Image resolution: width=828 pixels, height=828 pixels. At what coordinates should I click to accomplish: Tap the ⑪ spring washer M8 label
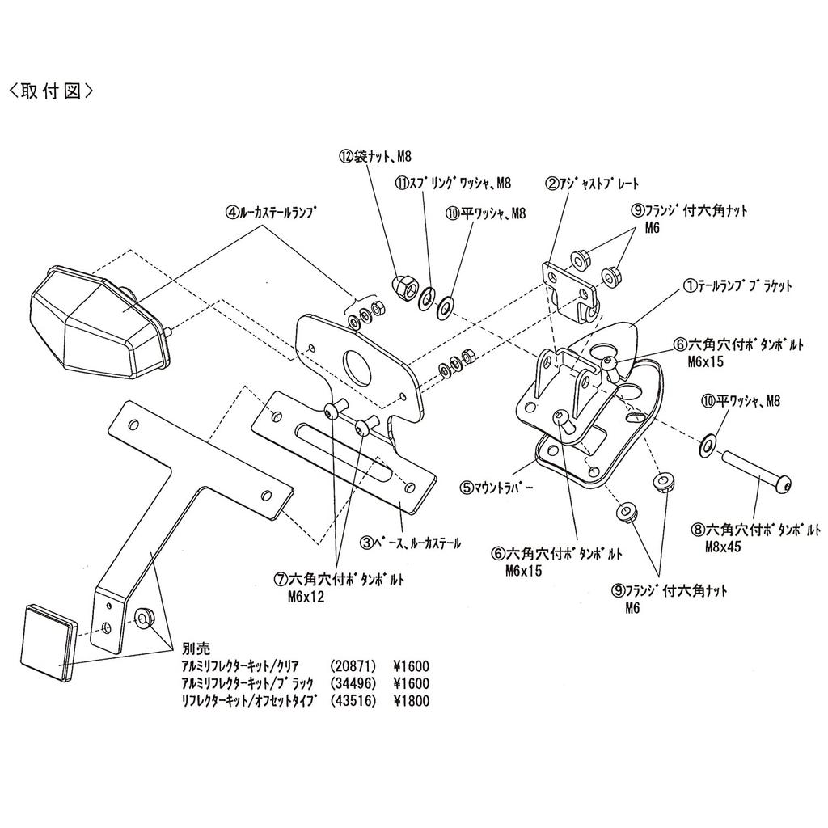[x=453, y=184]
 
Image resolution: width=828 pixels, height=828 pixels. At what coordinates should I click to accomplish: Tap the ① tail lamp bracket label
[x=737, y=286]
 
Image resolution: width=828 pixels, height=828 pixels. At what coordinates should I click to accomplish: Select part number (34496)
[x=353, y=684]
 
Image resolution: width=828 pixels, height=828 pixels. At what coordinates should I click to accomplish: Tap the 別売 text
[x=196, y=648]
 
